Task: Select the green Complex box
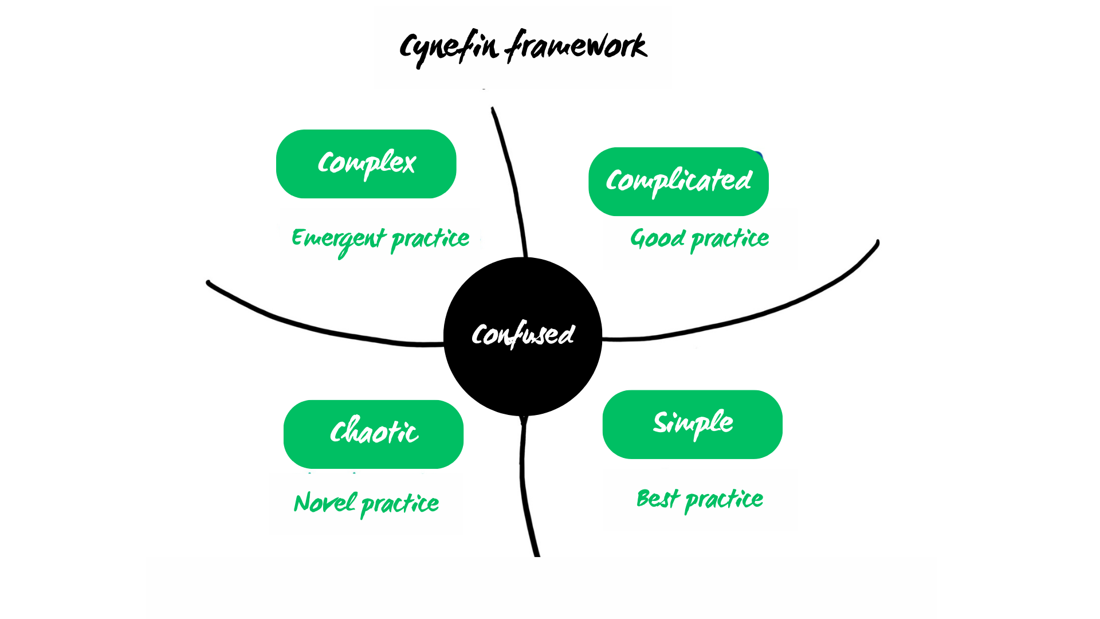tap(366, 164)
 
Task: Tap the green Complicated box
tap(678, 182)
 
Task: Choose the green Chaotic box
tap(373, 434)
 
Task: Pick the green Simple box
tap(692, 424)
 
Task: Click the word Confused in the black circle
tap(522, 335)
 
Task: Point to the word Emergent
tap(338, 239)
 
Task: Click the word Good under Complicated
tap(657, 238)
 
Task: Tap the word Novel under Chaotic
tap(325, 503)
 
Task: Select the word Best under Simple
tap(658, 499)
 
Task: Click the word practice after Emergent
tap(430, 239)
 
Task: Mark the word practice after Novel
tap(400, 504)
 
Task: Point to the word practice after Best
tap(724, 500)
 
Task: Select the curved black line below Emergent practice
tap(321, 330)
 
